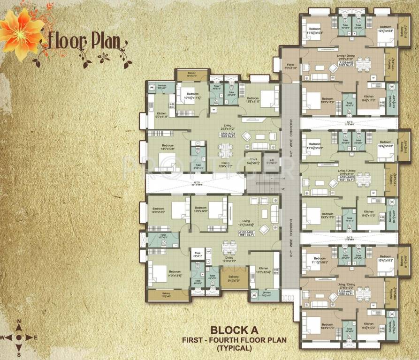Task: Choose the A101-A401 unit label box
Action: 346,292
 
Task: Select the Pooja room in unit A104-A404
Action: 254,160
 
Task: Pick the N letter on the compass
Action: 19,322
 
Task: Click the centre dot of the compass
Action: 18,337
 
